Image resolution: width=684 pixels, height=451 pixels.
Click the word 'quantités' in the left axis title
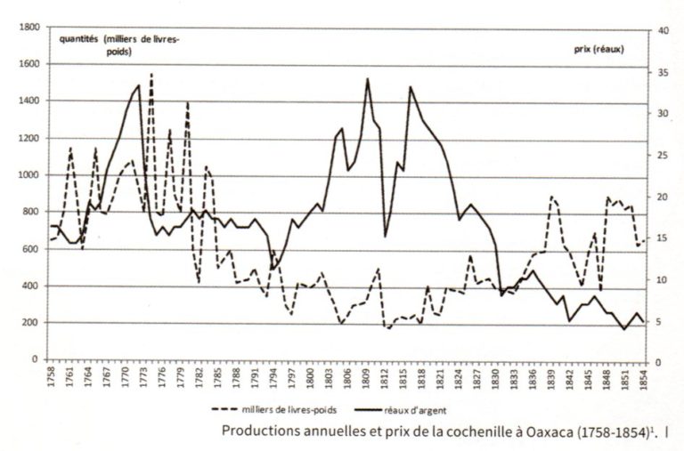(x=78, y=40)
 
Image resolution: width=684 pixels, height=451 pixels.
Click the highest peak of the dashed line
(x=151, y=74)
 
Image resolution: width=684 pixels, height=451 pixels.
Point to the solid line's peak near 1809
(x=367, y=78)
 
